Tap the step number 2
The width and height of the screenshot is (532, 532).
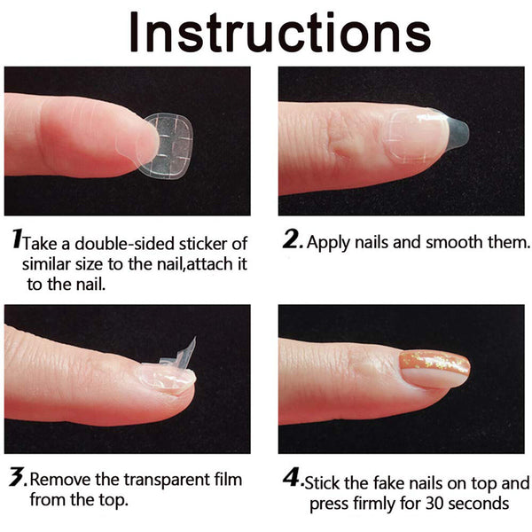click(x=291, y=239)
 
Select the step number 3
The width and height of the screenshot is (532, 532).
click(x=16, y=479)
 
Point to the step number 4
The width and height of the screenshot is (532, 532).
click(x=292, y=480)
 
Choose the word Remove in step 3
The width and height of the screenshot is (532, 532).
click(x=59, y=481)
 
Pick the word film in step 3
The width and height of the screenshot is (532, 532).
click(x=227, y=481)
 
